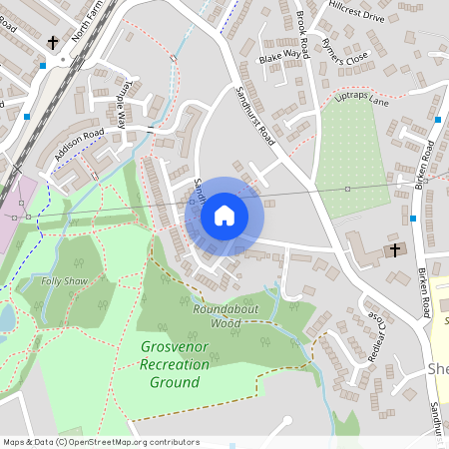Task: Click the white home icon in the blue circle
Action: click(x=224, y=216)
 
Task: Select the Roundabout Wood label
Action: click(x=218, y=316)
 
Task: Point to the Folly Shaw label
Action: click(x=64, y=281)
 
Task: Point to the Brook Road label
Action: click(x=303, y=35)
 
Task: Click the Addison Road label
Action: click(x=80, y=148)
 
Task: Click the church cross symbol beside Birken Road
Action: click(x=394, y=248)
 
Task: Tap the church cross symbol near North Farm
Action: click(x=53, y=43)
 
